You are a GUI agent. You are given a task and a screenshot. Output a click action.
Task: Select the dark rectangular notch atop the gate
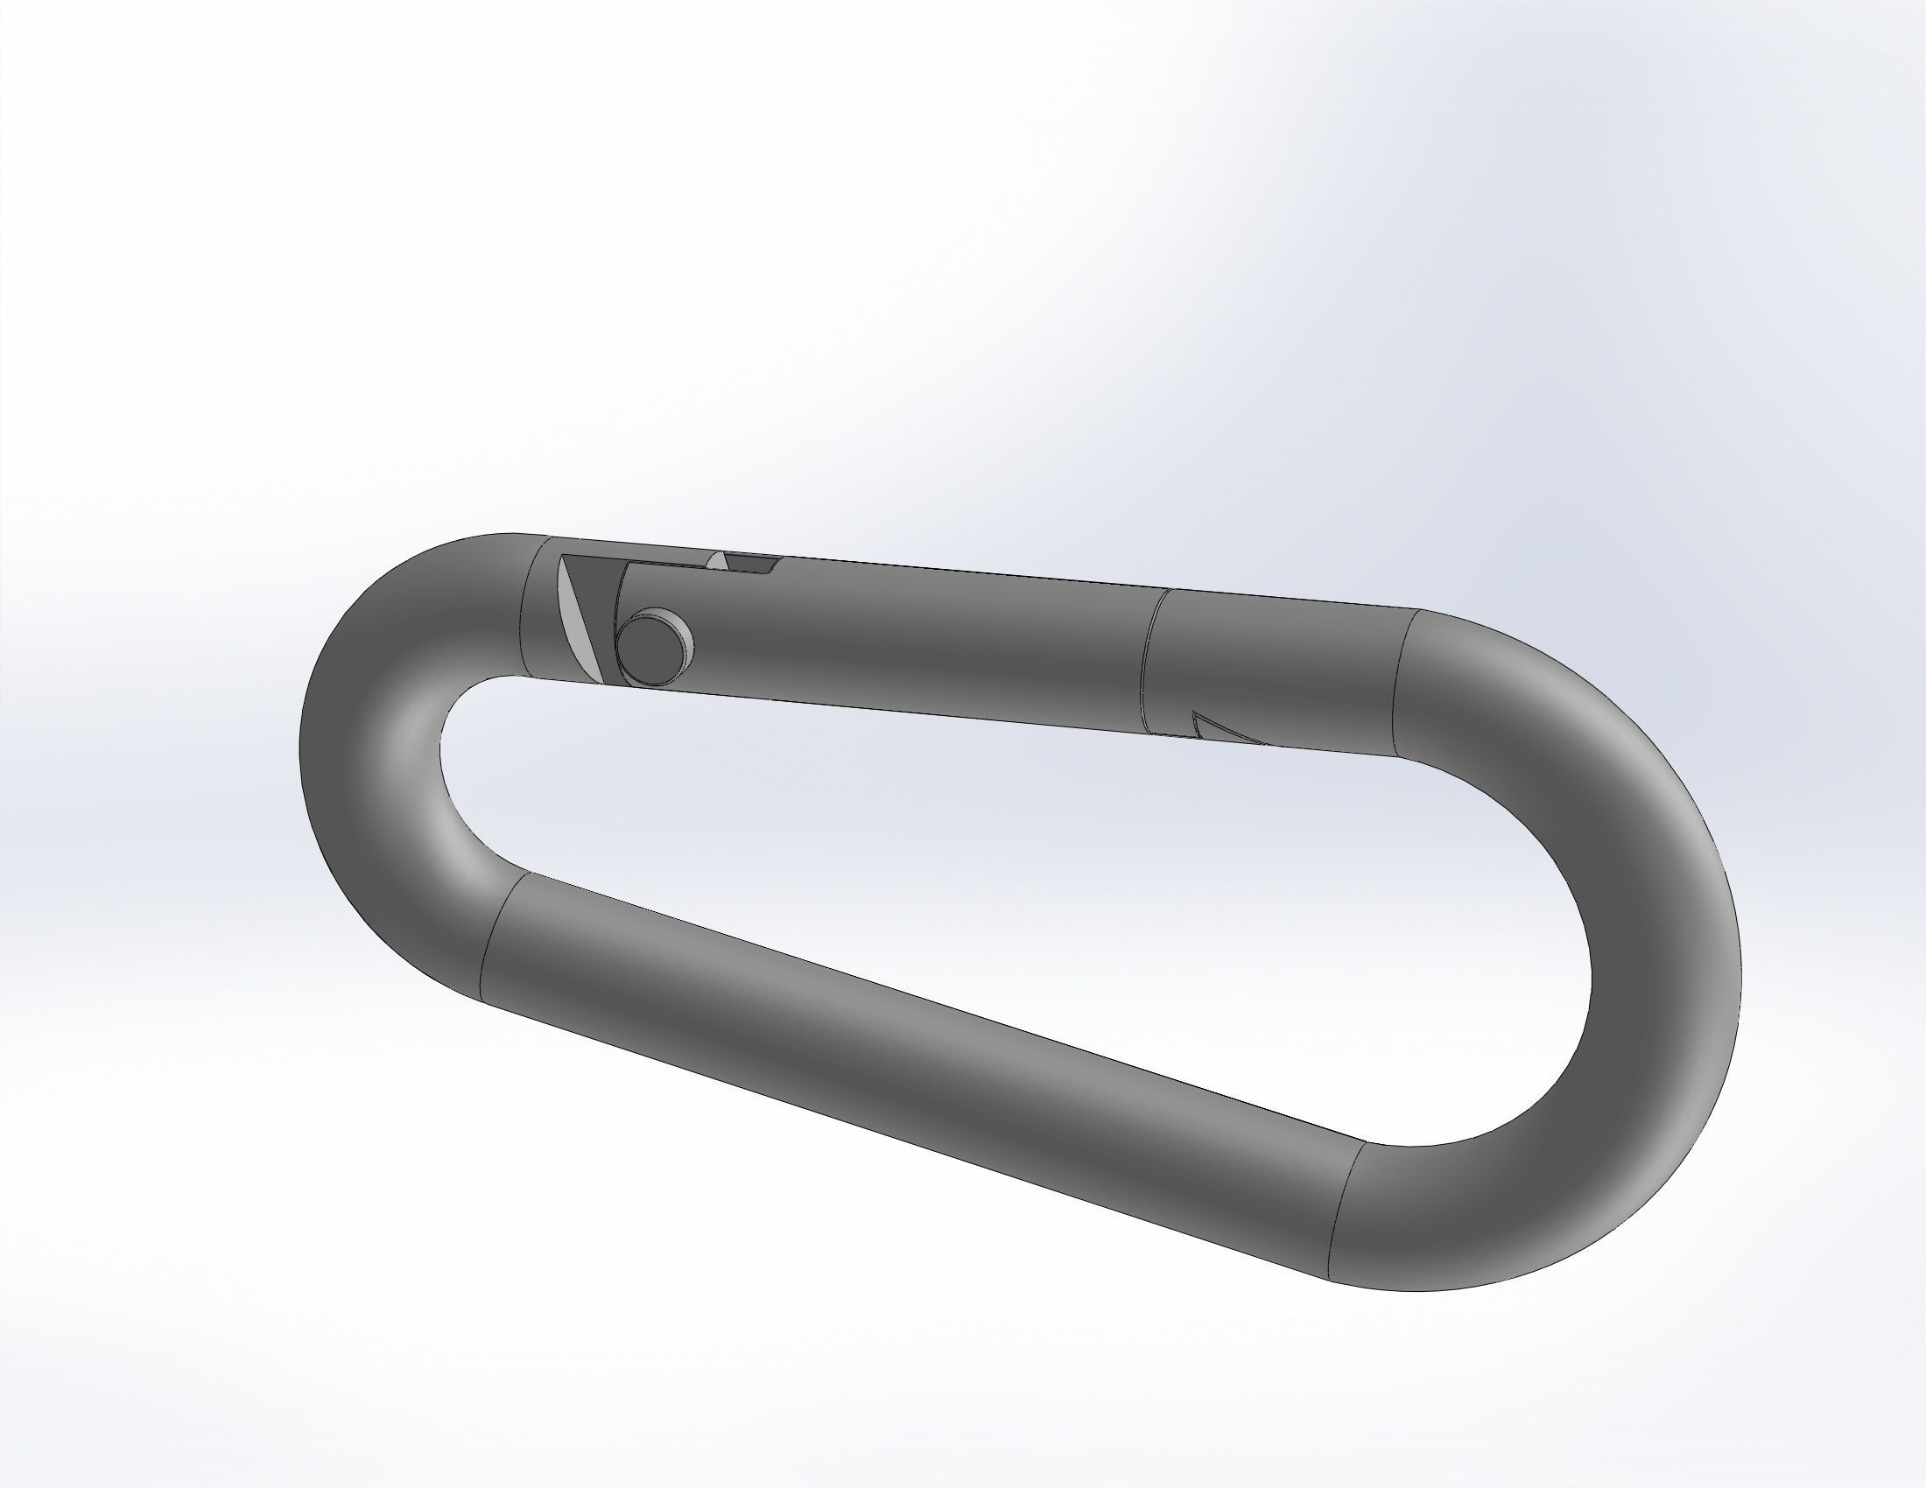click(x=750, y=563)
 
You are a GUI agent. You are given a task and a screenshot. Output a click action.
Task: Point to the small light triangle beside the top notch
click(x=720, y=561)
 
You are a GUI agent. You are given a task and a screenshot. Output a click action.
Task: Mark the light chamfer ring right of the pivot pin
click(x=685, y=636)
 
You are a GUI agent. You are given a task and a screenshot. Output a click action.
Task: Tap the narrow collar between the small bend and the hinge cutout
click(x=538, y=608)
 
